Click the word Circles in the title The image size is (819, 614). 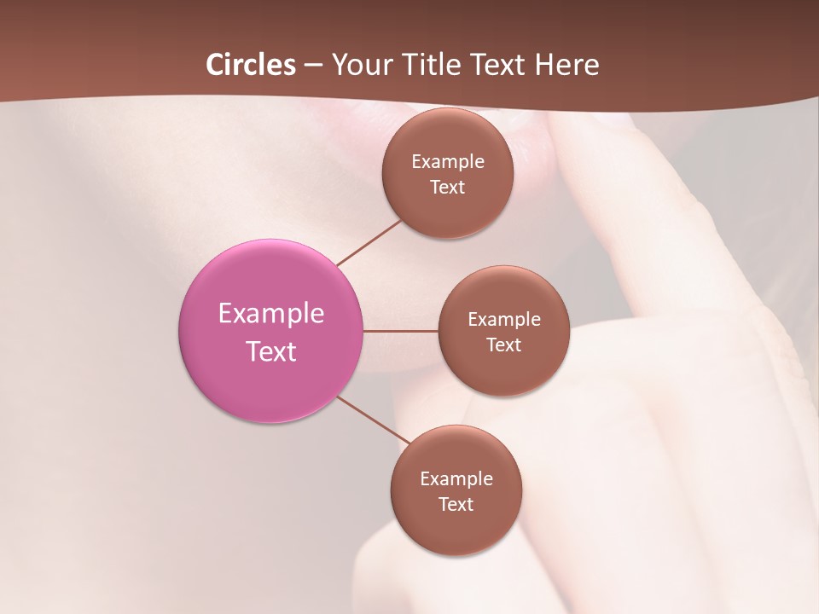250,65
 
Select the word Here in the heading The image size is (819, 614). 567,65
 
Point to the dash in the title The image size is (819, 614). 312,66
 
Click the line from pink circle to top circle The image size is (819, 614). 369,242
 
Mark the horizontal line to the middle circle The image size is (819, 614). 400,331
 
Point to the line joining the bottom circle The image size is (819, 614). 374,420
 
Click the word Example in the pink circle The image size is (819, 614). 271,314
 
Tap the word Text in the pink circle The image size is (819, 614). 271,351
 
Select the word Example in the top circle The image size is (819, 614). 448,162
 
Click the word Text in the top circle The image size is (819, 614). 447,188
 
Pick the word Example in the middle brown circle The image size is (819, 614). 504,320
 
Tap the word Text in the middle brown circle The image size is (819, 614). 503,345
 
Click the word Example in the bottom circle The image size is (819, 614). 456,479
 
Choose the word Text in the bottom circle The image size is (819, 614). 456,505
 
